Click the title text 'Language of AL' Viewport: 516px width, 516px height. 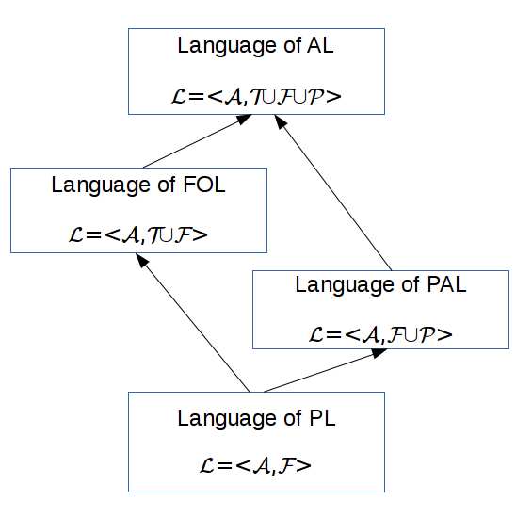256,46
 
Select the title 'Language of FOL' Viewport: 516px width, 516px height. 138,185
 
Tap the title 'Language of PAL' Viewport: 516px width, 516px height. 380,285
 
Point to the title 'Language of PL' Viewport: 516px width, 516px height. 256,419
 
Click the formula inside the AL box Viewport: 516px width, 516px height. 256,97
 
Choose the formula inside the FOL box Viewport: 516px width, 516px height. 138,235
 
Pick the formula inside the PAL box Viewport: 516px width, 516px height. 380,334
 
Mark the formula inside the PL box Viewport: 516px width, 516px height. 255,466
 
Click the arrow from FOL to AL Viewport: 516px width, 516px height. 198,141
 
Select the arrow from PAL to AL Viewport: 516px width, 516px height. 333,192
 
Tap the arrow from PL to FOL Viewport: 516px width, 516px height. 193,322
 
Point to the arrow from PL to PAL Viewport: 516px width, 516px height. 325,371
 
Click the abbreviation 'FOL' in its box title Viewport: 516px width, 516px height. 204,185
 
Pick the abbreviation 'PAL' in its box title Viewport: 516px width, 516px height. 446,284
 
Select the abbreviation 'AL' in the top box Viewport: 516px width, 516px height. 320,45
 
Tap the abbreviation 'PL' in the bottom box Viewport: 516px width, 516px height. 322,418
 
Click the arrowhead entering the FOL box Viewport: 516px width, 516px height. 142,260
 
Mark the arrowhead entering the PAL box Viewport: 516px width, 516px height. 379,352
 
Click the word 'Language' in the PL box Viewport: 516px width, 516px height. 228,420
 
